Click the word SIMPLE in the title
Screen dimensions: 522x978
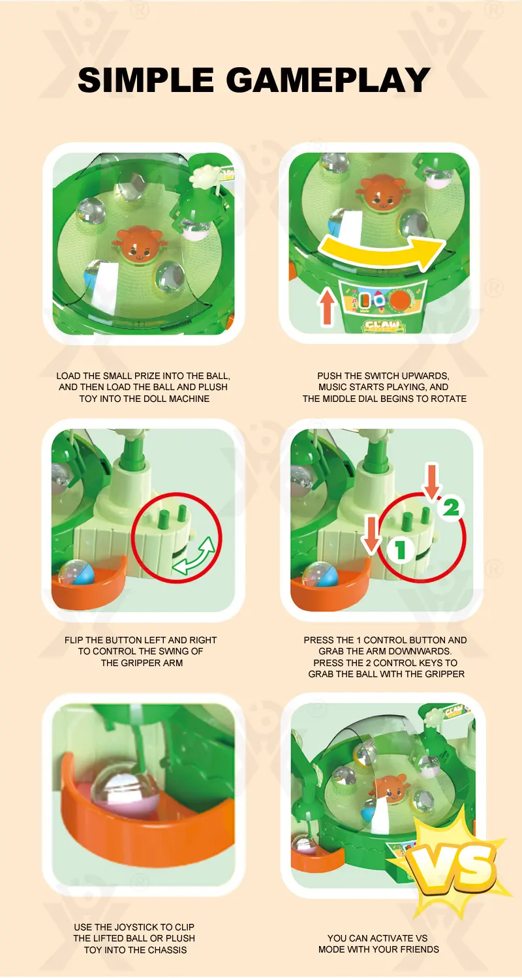146,80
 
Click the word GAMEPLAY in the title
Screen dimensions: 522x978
328,80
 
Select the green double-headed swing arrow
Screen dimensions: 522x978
194,556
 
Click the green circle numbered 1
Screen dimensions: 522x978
400,549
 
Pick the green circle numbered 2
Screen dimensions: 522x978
451,507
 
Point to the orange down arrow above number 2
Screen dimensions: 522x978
432,481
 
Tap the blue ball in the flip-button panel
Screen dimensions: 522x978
77,573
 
